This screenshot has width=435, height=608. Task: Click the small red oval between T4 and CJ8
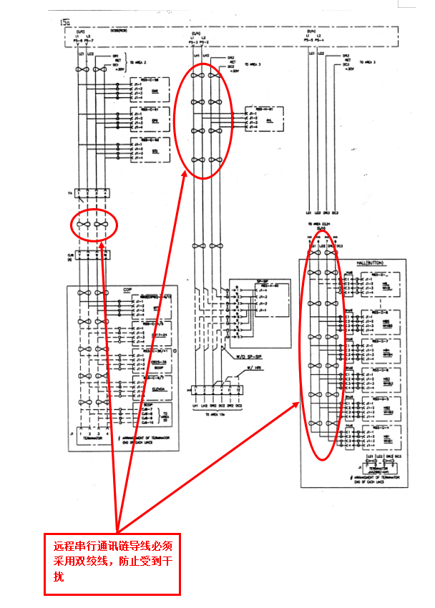[94, 226]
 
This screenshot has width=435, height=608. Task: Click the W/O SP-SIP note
[243, 356]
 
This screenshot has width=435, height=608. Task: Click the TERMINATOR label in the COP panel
[91, 439]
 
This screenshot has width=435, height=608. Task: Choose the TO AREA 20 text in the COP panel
[166, 416]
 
